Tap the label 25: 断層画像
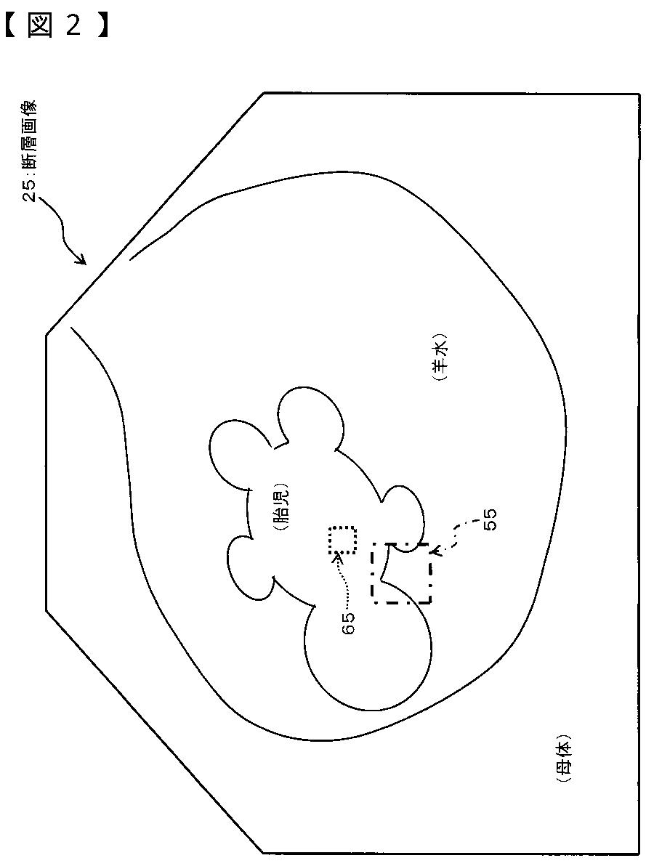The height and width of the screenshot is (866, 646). [32, 153]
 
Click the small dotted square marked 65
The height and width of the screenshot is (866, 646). [342, 541]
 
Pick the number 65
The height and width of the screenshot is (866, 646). [348, 623]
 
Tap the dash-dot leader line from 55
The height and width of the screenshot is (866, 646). [458, 535]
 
